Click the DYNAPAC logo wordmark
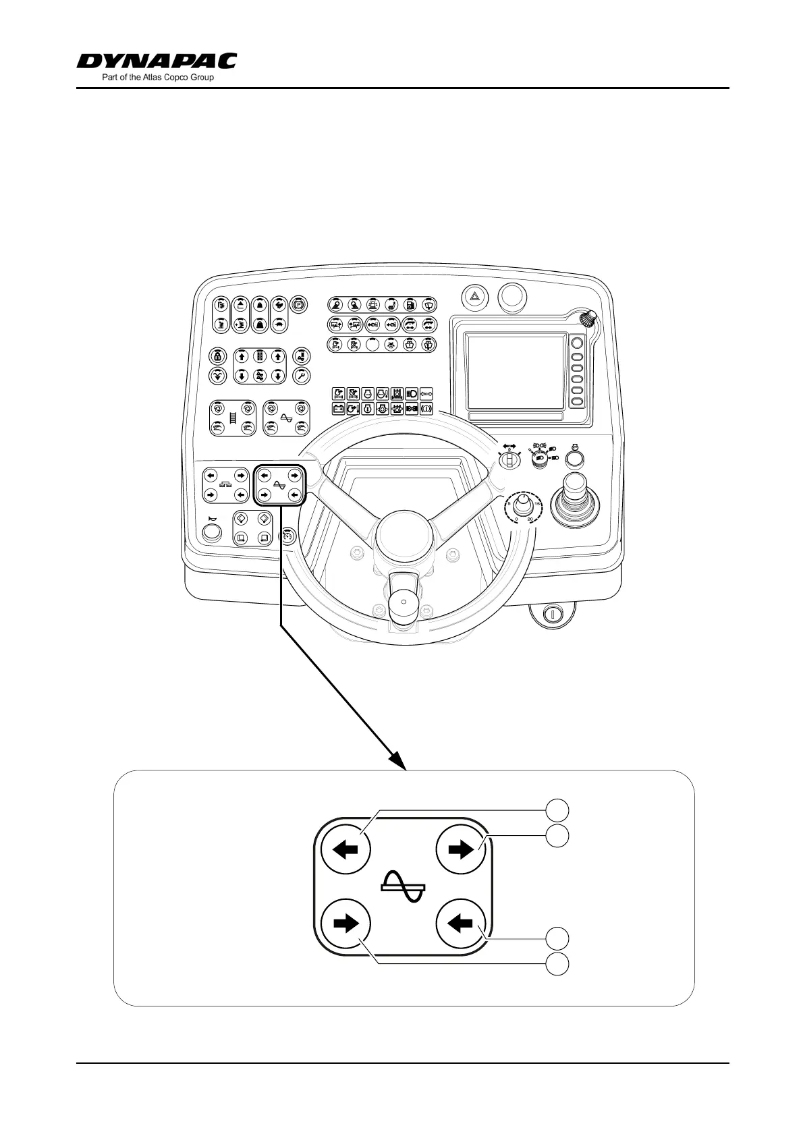pyautogui.click(x=157, y=61)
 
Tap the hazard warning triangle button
pyautogui.click(x=474, y=295)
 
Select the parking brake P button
pyautogui.click(x=298, y=305)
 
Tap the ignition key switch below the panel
pyautogui.click(x=551, y=614)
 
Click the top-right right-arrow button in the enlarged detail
pyautogui.click(x=462, y=850)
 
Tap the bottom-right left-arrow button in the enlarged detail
pyautogui.click(x=462, y=924)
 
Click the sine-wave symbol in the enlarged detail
pyautogui.click(x=404, y=886)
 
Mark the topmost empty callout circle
pyautogui.click(x=557, y=810)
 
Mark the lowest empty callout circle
pyautogui.click(x=557, y=964)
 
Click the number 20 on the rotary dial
pyautogui.click(x=530, y=519)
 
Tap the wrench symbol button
pyautogui.click(x=301, y=376)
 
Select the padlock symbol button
pyautogui.click(x=217, y=356)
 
